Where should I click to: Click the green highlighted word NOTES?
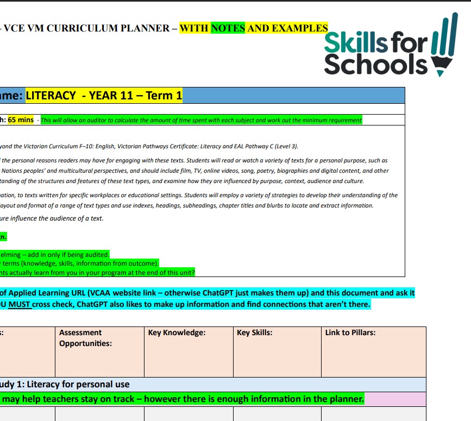coord(228,28)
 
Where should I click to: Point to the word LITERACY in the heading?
coord(51,96)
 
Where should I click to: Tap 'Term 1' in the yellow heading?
coord(164,96)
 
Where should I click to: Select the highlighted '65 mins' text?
coord(21,120)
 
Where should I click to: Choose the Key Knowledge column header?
coord(177,332)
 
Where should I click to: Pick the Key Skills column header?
coord(255,332)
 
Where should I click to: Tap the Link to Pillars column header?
coord(350,332)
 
